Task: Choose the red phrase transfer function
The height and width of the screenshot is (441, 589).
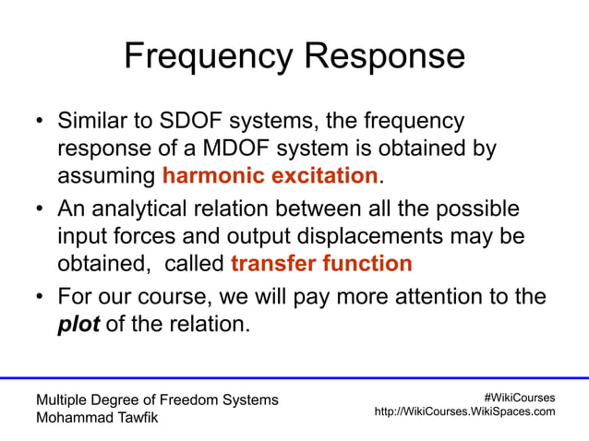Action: [321, 264]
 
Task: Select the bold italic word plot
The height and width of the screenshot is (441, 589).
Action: [78, 324]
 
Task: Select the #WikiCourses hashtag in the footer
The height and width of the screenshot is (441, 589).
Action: [519, 397]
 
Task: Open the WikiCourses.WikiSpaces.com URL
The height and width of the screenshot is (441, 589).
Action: [464, 411]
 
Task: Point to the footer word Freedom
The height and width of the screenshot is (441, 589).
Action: [189, 399]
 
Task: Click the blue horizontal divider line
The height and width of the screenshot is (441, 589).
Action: [294, 377]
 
